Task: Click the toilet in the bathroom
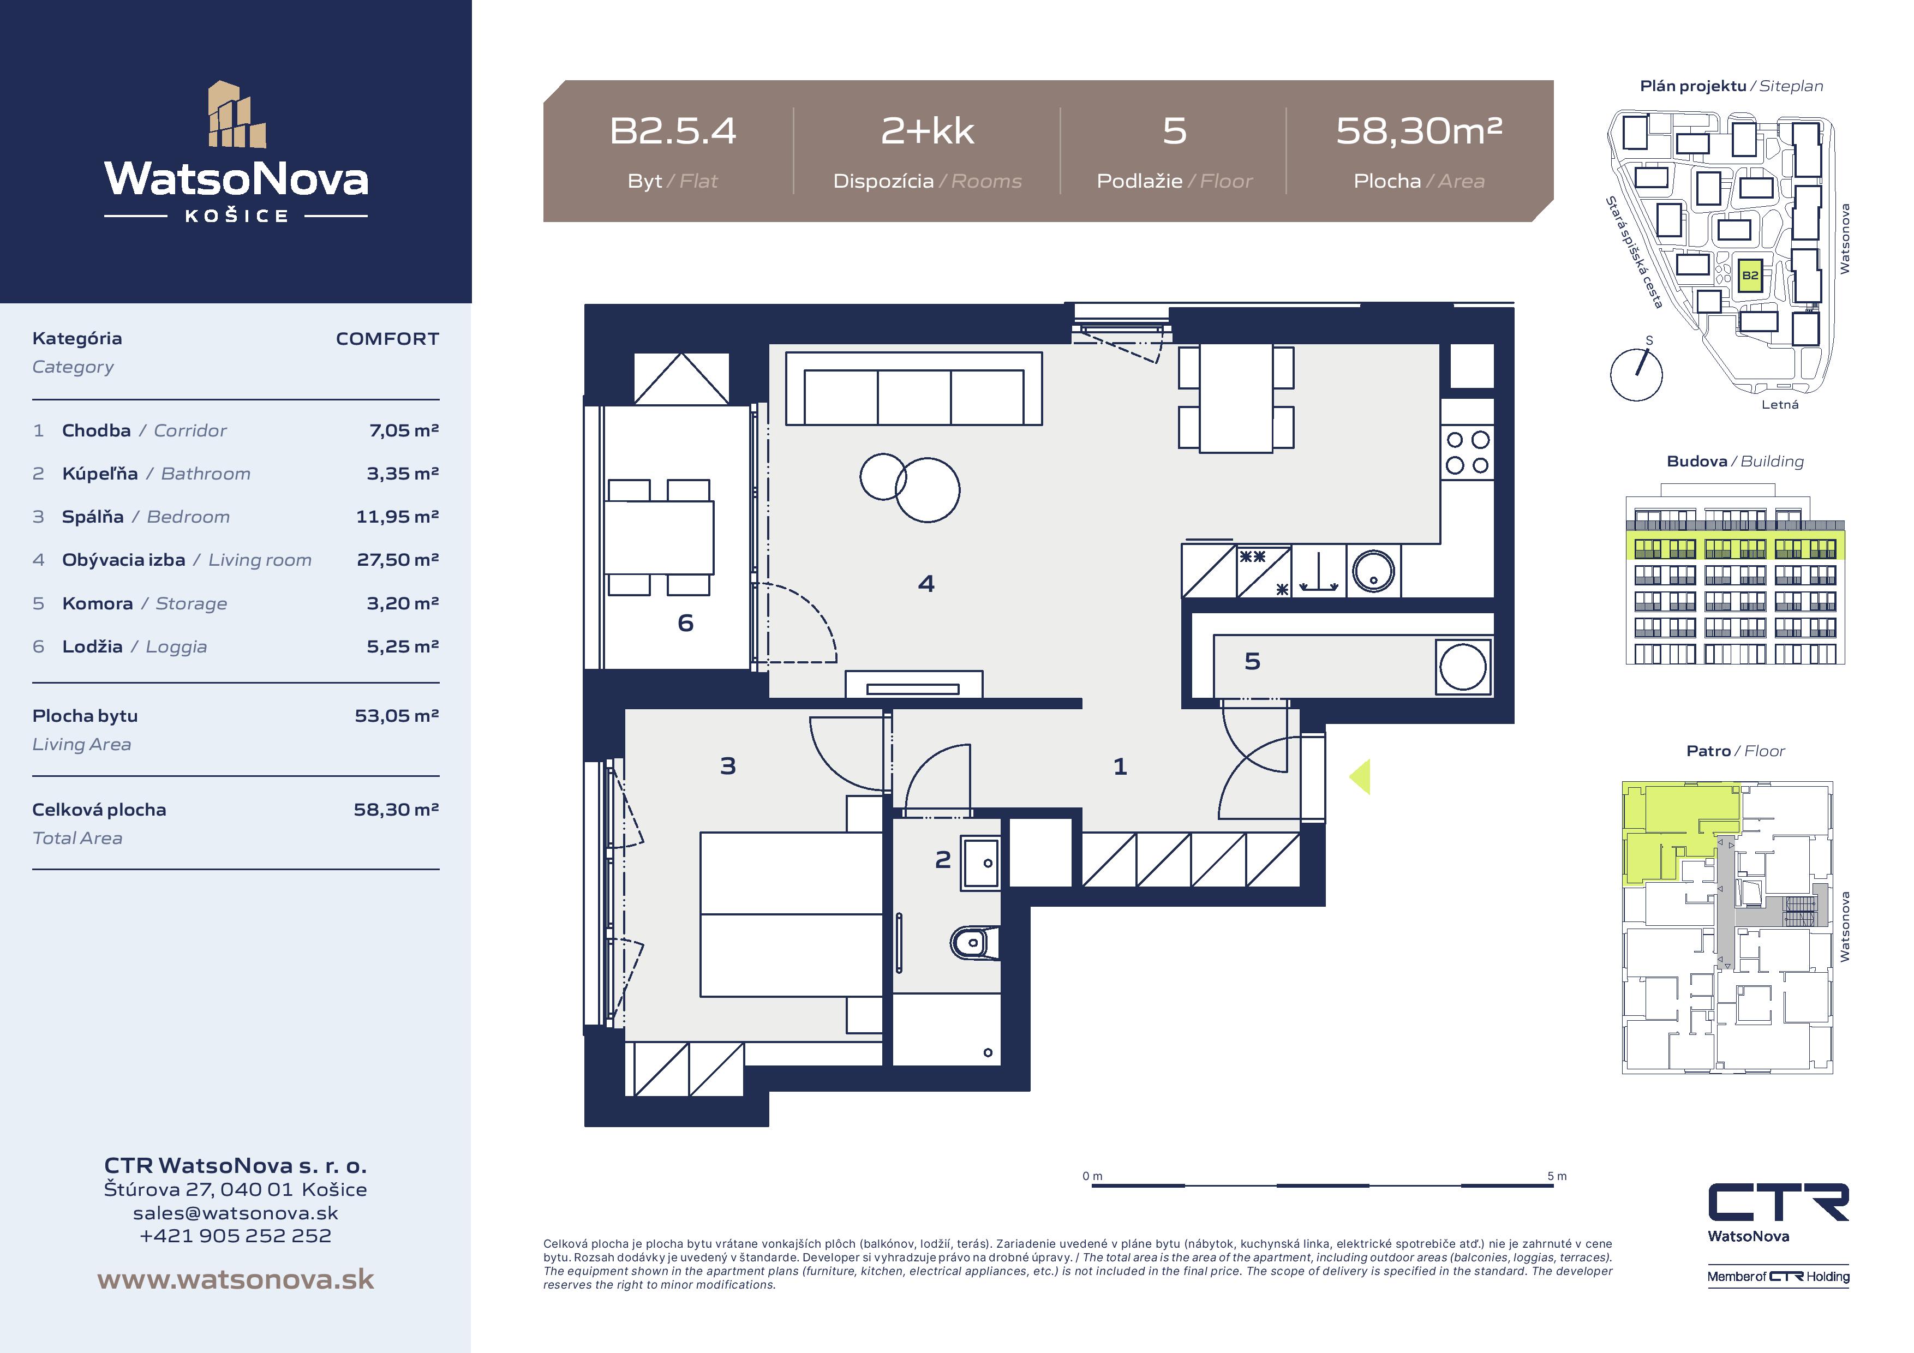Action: click(x=974, y=943)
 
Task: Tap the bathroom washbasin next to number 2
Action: click(x=980, y=863)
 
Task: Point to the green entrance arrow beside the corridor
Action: click(x=1360, y=777)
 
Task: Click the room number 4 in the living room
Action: click(x=926, y=584)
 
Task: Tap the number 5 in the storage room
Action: click(x=1252, y=661)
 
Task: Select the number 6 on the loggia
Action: click(x=685, y=622)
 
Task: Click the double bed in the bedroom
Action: click(x=791, y=914)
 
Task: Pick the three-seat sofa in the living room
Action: click(x=914, y=388)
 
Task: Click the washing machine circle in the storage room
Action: click(x=1463, y=667)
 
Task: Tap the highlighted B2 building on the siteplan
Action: click(x=1750, y=275)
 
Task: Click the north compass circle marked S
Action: click(x=1636, y=374)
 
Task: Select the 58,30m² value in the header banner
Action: click(x=1419, y=131)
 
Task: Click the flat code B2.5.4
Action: click(x=673, y=131)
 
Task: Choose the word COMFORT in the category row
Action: click(x=387, y=338)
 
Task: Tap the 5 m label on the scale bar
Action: click(x=1557, y=1176)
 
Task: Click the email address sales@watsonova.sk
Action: click(x=236, y=1213)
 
